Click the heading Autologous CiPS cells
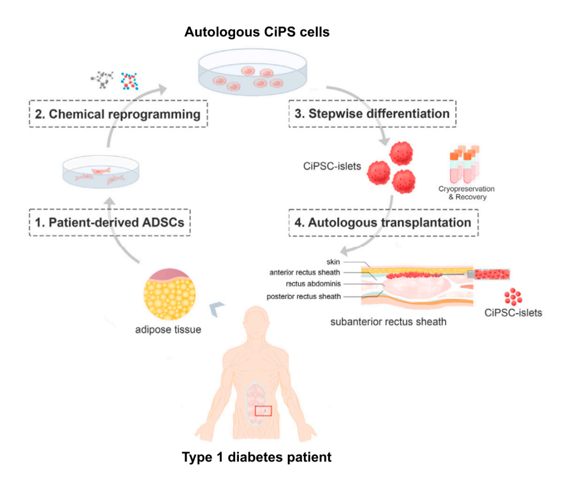click(257, 33)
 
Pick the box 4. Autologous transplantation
click(383, 222)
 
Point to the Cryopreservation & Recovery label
click(466, 193)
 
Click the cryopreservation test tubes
click(463, 162)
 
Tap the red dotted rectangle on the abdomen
click(263, 411)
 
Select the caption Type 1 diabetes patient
click(257, 457)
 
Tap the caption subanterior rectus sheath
click(388, 321)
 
